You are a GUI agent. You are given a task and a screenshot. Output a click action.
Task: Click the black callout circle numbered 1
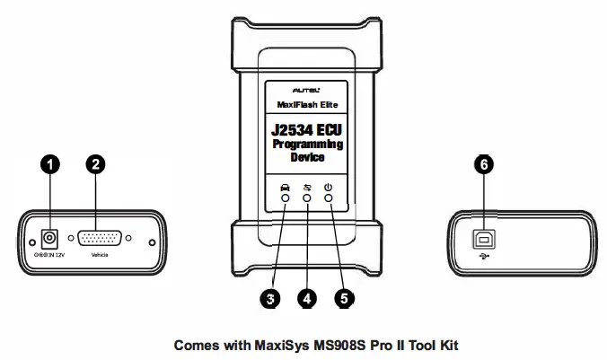(x=53, y=163)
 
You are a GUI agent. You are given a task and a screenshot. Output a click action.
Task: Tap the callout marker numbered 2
(x=96, y=163)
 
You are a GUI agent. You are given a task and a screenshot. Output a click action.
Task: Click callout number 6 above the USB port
(x=485, y=163)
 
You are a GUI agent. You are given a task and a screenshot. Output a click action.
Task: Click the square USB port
(x=485, y=238)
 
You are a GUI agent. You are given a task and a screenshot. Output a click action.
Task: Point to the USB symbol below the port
(x=485, y=256)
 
